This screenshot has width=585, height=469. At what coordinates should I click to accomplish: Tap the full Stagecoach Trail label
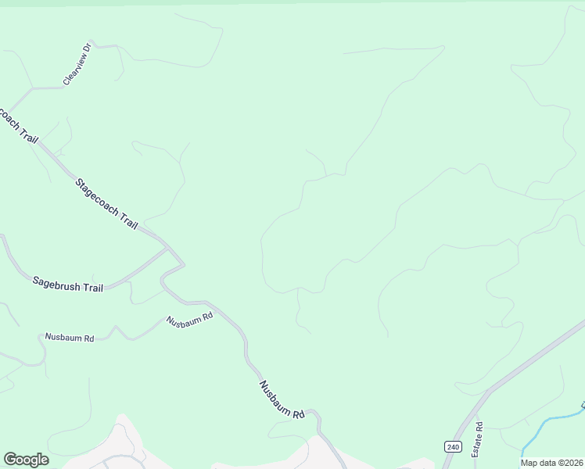[x=106, y=204]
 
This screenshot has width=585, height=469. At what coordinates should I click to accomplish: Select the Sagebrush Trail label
[x=68, y=283]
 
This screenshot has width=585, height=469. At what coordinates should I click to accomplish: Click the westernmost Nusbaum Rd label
[x=70, y=338]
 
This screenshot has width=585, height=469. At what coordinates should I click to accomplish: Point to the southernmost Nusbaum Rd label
[x=282, y=399]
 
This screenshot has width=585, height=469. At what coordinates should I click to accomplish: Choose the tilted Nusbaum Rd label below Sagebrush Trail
[x=189, y=320]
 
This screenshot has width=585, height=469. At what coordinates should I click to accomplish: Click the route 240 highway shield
[x=453, y=446]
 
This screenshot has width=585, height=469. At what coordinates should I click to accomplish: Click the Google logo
[x=26, y=460]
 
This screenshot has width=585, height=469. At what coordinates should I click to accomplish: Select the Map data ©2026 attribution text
[x=551, y=463]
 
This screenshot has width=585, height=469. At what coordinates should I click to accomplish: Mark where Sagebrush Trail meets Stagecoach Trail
[x=168, y=249]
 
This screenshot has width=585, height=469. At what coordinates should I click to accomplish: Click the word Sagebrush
[x=55, y=281]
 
